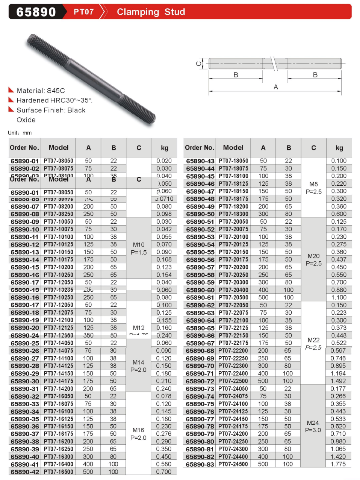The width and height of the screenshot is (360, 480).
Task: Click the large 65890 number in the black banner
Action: pyautogui.click(x=36, y=12)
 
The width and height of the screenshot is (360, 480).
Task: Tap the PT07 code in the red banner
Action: pyautogui.click(x=83, y=12)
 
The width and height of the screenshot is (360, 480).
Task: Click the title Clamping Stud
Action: pyautogui.click(x=151, y=12)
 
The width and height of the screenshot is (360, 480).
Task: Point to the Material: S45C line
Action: pyautogui.click(x=41, y=91)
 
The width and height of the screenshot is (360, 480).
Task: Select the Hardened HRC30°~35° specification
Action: pyautogui.click(x=54, y=100)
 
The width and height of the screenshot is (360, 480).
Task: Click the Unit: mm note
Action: pyautogui.click(x=20, y=133)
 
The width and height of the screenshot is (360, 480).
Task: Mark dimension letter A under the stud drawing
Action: pyautogui.click(x=276, y=87)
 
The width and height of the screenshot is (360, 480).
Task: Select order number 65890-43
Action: pyautogui.click(x=200, y=161)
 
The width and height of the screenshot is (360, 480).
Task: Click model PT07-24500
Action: pyautogui.click(x=233, y=464)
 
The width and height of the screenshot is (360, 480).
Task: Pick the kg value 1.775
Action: pyautogui.click(x=338, y=464)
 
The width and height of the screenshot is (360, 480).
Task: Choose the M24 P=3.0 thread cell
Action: pyautogui.click(x=313, y=426)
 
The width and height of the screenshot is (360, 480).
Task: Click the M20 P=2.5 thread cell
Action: pyautogui.click(x=313, y=259)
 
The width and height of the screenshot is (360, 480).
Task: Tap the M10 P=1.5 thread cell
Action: pyautogui.click(x=139, y=248)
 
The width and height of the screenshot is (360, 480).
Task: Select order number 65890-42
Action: pyautogui.click(x=25, y=472)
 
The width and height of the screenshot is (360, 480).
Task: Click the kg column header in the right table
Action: pyautogui.click(x=339, y=148)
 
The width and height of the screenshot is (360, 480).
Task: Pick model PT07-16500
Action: pyautogui.click(x=59, y=472)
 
